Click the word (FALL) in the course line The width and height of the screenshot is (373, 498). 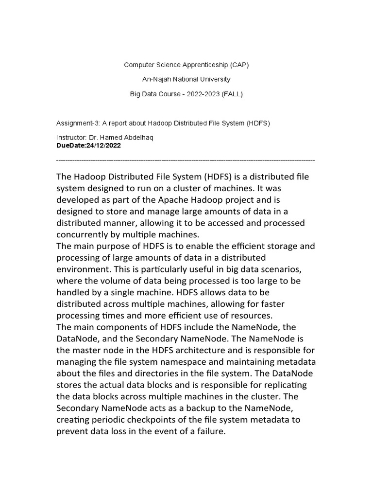(231, 94)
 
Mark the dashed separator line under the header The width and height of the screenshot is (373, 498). (186, 160)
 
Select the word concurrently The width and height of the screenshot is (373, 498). (84, 234)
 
